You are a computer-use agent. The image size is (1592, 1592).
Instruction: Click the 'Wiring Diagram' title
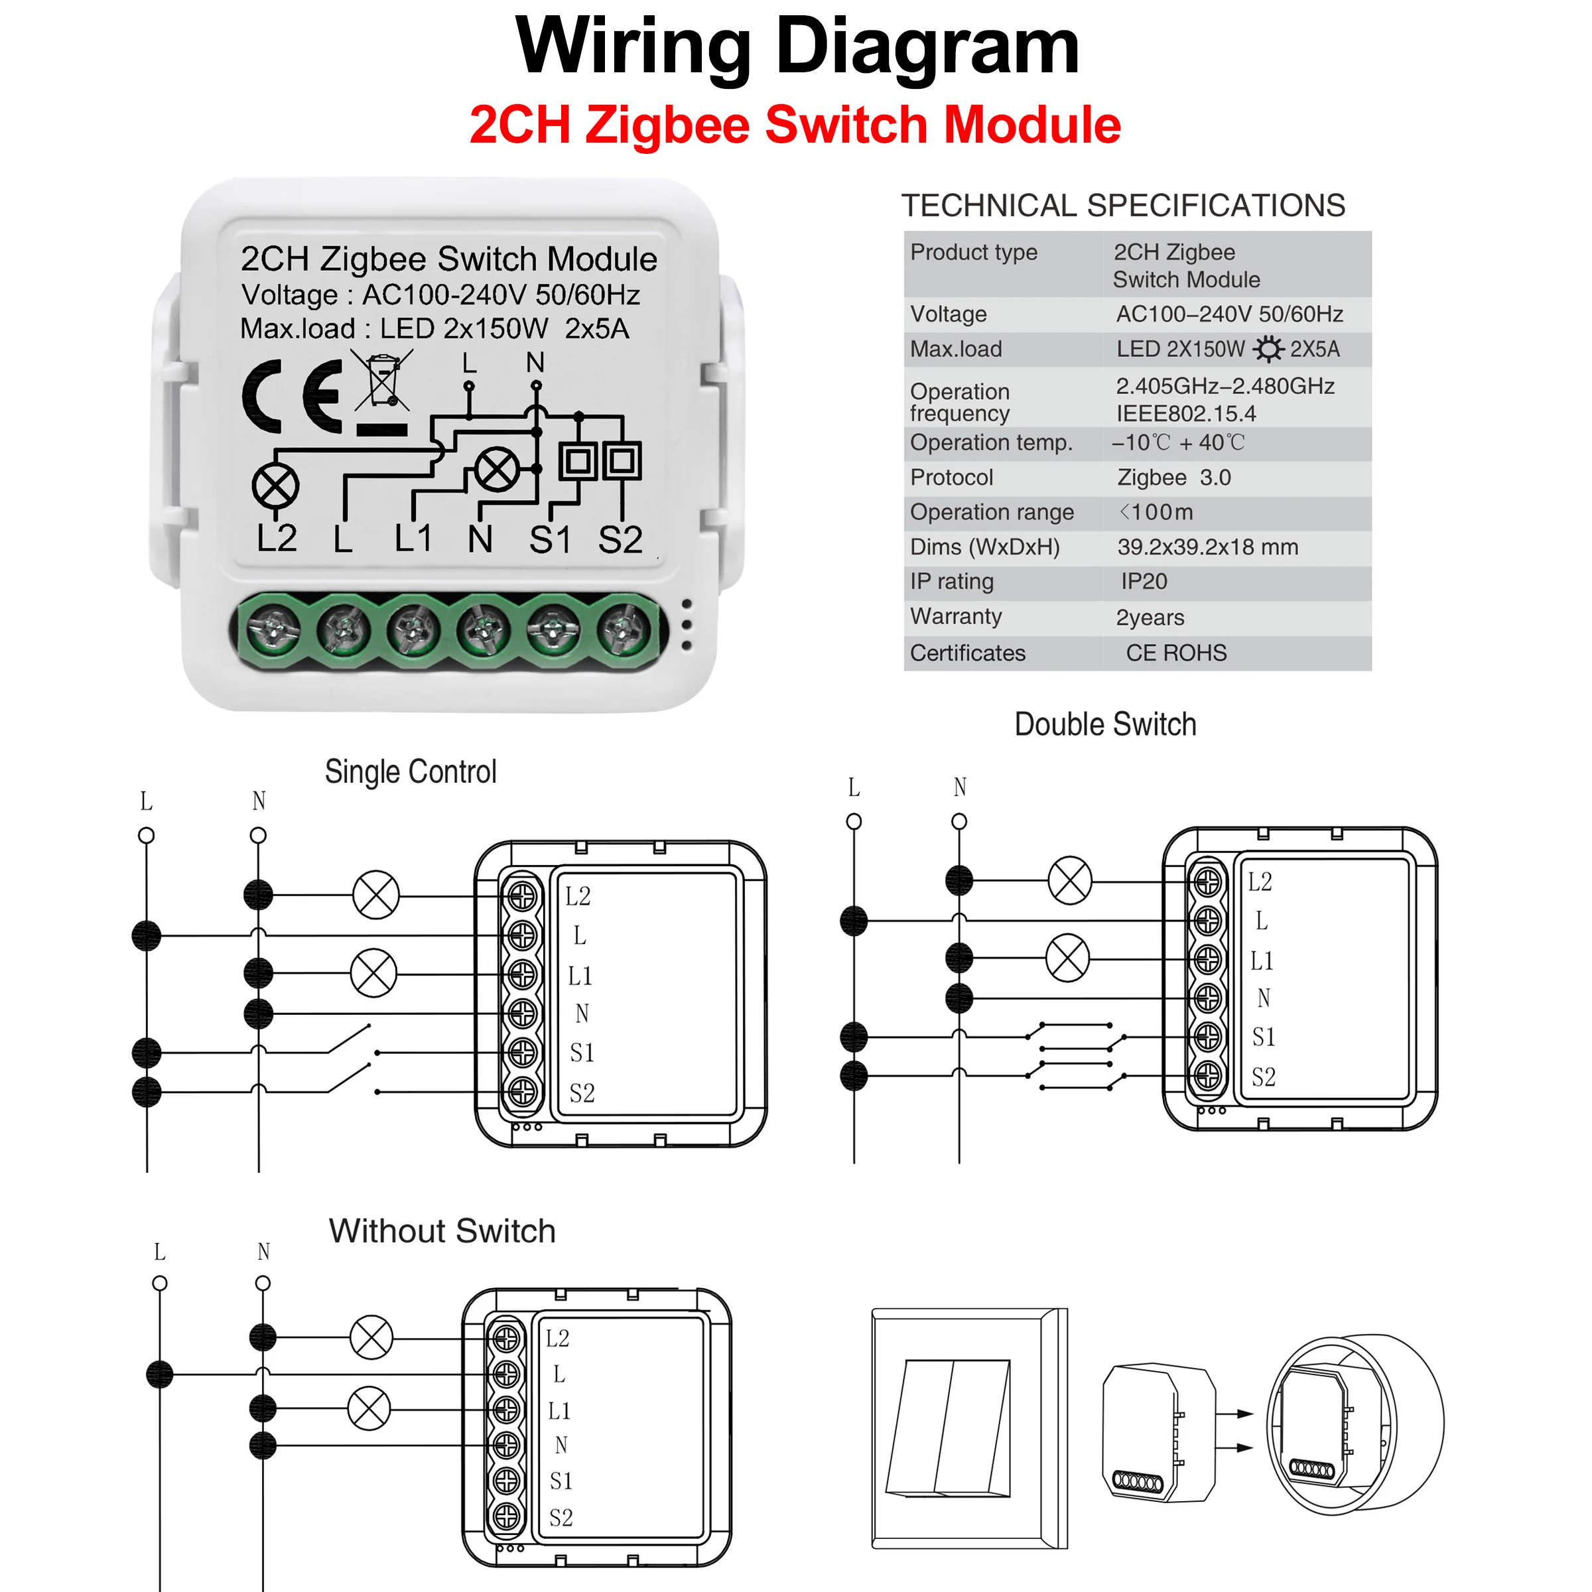click(796, 47)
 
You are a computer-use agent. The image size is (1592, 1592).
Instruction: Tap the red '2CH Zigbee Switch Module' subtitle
click(795, 125)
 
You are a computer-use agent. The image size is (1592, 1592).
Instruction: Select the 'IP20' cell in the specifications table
click(1144, 582)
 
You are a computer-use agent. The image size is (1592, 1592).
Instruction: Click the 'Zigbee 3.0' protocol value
click(1173, 477)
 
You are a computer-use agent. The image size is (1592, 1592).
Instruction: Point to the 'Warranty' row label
click(956, 616)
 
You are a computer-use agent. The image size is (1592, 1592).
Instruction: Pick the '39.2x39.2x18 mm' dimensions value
click(1207, 547)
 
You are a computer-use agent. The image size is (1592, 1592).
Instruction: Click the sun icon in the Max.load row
click(1268, 350)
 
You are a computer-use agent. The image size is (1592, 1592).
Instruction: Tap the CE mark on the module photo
click(292, 397)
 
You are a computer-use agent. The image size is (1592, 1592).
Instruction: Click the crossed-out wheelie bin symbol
click(382, 380)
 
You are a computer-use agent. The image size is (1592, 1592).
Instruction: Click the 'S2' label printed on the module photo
click(620, 541)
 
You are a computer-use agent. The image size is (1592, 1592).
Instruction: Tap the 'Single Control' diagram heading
click(411, 772)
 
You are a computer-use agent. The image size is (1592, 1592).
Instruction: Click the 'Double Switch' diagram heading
click(1104, 724)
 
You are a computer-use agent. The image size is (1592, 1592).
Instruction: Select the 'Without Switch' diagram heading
click(442, 1231)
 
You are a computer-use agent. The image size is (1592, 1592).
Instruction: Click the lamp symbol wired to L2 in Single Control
click(375, 895)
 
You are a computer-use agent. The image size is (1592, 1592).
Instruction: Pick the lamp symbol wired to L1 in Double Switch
click(1067, 957)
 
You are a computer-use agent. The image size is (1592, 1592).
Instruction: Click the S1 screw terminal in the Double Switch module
click(1207, 1037)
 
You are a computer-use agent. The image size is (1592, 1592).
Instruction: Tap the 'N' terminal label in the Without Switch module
click(561, 1445)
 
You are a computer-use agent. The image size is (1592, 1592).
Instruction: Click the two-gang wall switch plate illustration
click(968, 1428)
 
